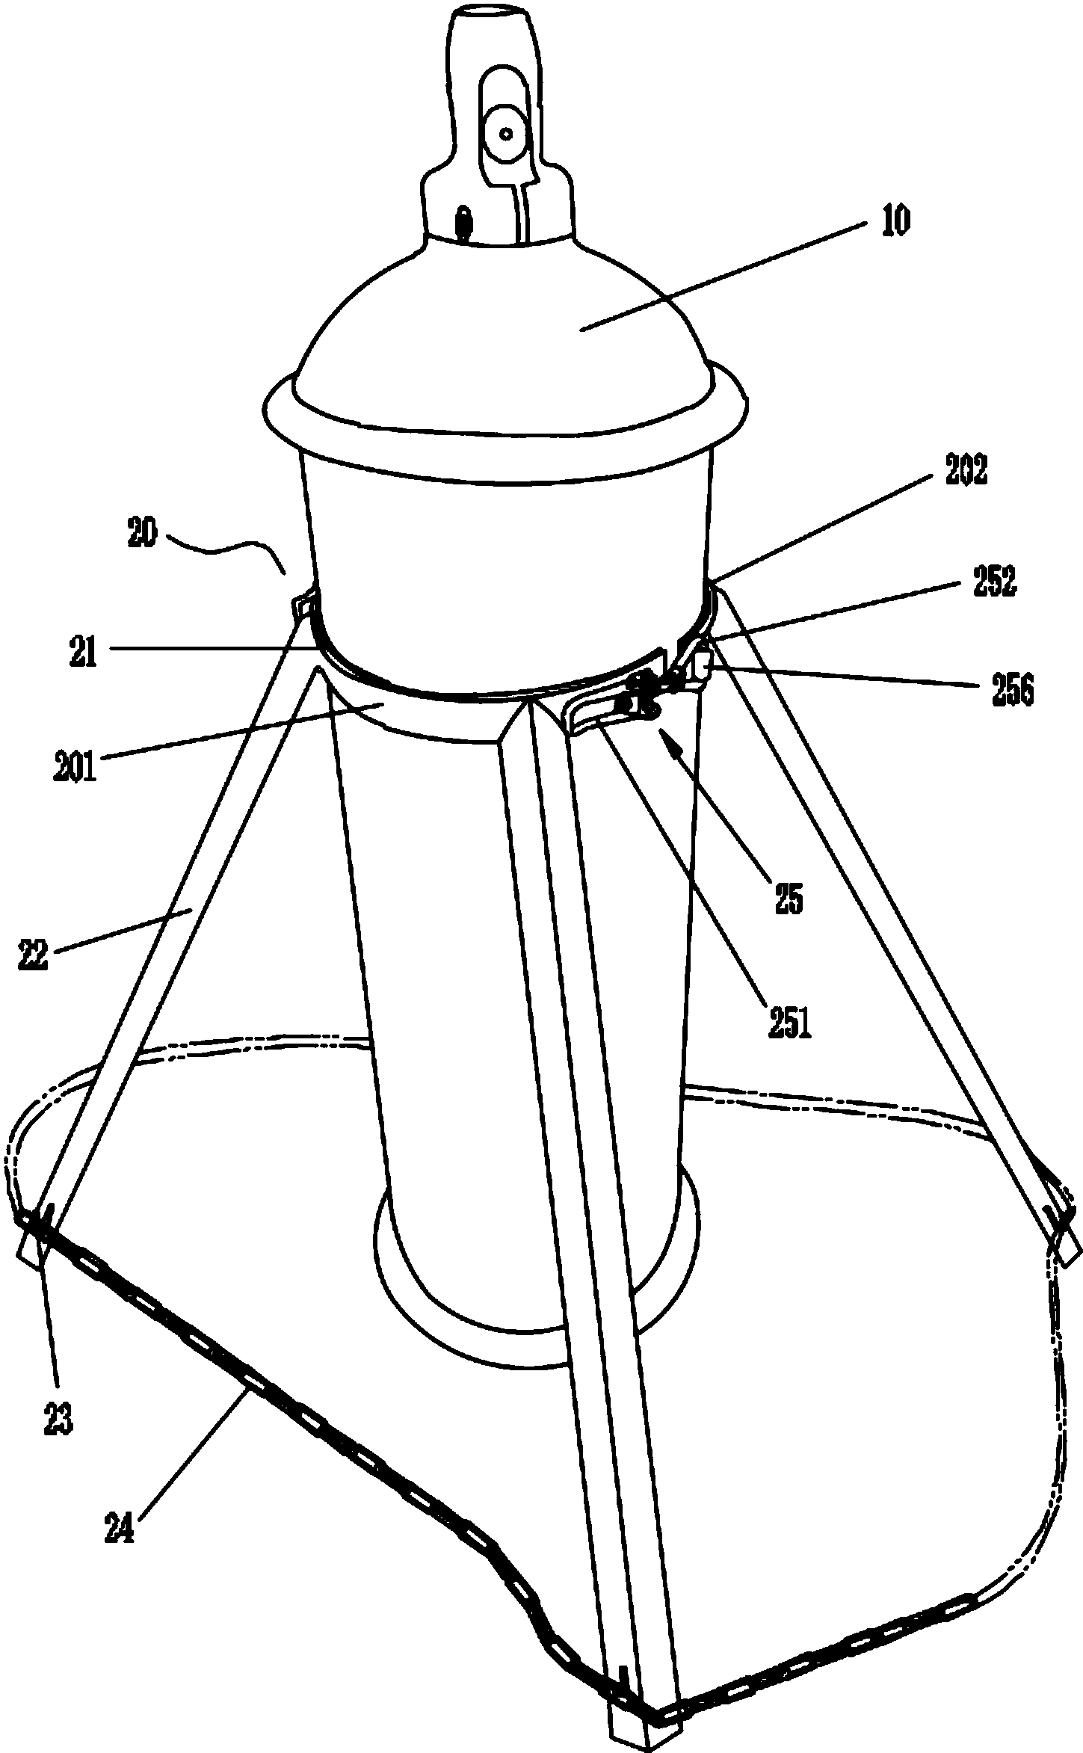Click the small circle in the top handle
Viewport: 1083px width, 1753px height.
pos(506,135)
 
